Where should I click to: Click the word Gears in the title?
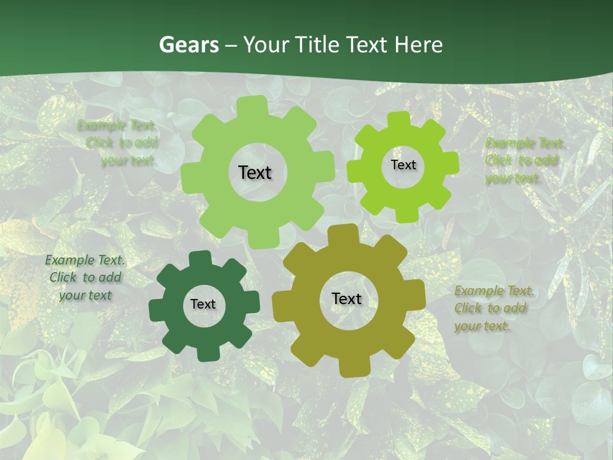(x=188, y=45)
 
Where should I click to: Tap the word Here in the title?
(x=418, y=45)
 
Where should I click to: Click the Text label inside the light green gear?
(x=255, y=172)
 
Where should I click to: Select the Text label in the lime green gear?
(x=403, y=165)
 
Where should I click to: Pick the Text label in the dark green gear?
(x=203, y=304)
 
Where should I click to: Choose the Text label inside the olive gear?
(x=347, y=298)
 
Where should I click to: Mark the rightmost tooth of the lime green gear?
(x=451, y=163)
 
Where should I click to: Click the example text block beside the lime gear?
(x=525, y=160)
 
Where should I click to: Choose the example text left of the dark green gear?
(x=85, y=277)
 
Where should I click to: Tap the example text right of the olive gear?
(x=494, y=308)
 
